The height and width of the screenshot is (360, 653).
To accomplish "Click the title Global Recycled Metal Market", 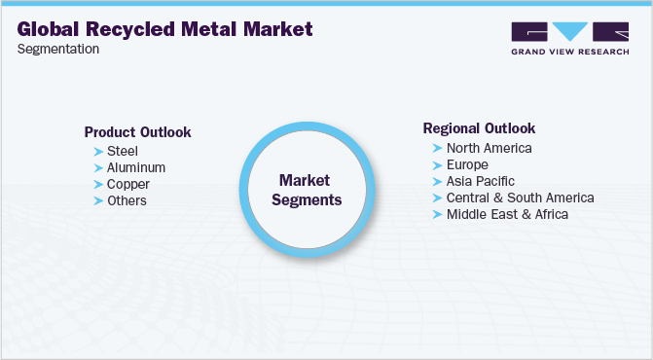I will tap(165, 28).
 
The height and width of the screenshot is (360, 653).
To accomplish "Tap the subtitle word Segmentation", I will tap(58, 49).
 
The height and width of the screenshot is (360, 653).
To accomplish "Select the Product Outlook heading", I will tap(137, 132).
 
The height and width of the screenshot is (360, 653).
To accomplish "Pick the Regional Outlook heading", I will tap(479, 128).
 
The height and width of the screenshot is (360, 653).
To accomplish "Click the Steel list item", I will tap(123, 151).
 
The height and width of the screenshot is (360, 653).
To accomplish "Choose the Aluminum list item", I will tap(136, 167).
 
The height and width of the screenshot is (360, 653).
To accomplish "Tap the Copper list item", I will tap(128, 184).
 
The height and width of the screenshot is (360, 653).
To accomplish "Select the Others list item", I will tap(127, 200).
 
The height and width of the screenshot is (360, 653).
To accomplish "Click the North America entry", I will tap(489, 148).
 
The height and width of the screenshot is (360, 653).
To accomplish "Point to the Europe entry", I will tap(467, 164).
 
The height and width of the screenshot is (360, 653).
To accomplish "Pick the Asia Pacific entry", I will tap(480, 181).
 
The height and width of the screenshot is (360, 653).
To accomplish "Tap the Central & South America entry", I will tap(520, 198).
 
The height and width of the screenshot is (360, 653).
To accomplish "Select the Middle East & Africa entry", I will tap(507, 214).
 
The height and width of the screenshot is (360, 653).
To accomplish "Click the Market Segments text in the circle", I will tap(305, 191).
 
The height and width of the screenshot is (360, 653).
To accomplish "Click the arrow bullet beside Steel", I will tap(98, 151).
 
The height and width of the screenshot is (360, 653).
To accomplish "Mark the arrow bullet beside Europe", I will tap(437, 164).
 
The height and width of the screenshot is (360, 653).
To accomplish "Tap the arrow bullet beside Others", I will tap(98, 200).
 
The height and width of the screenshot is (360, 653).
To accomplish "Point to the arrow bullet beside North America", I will tap(437, 148).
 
